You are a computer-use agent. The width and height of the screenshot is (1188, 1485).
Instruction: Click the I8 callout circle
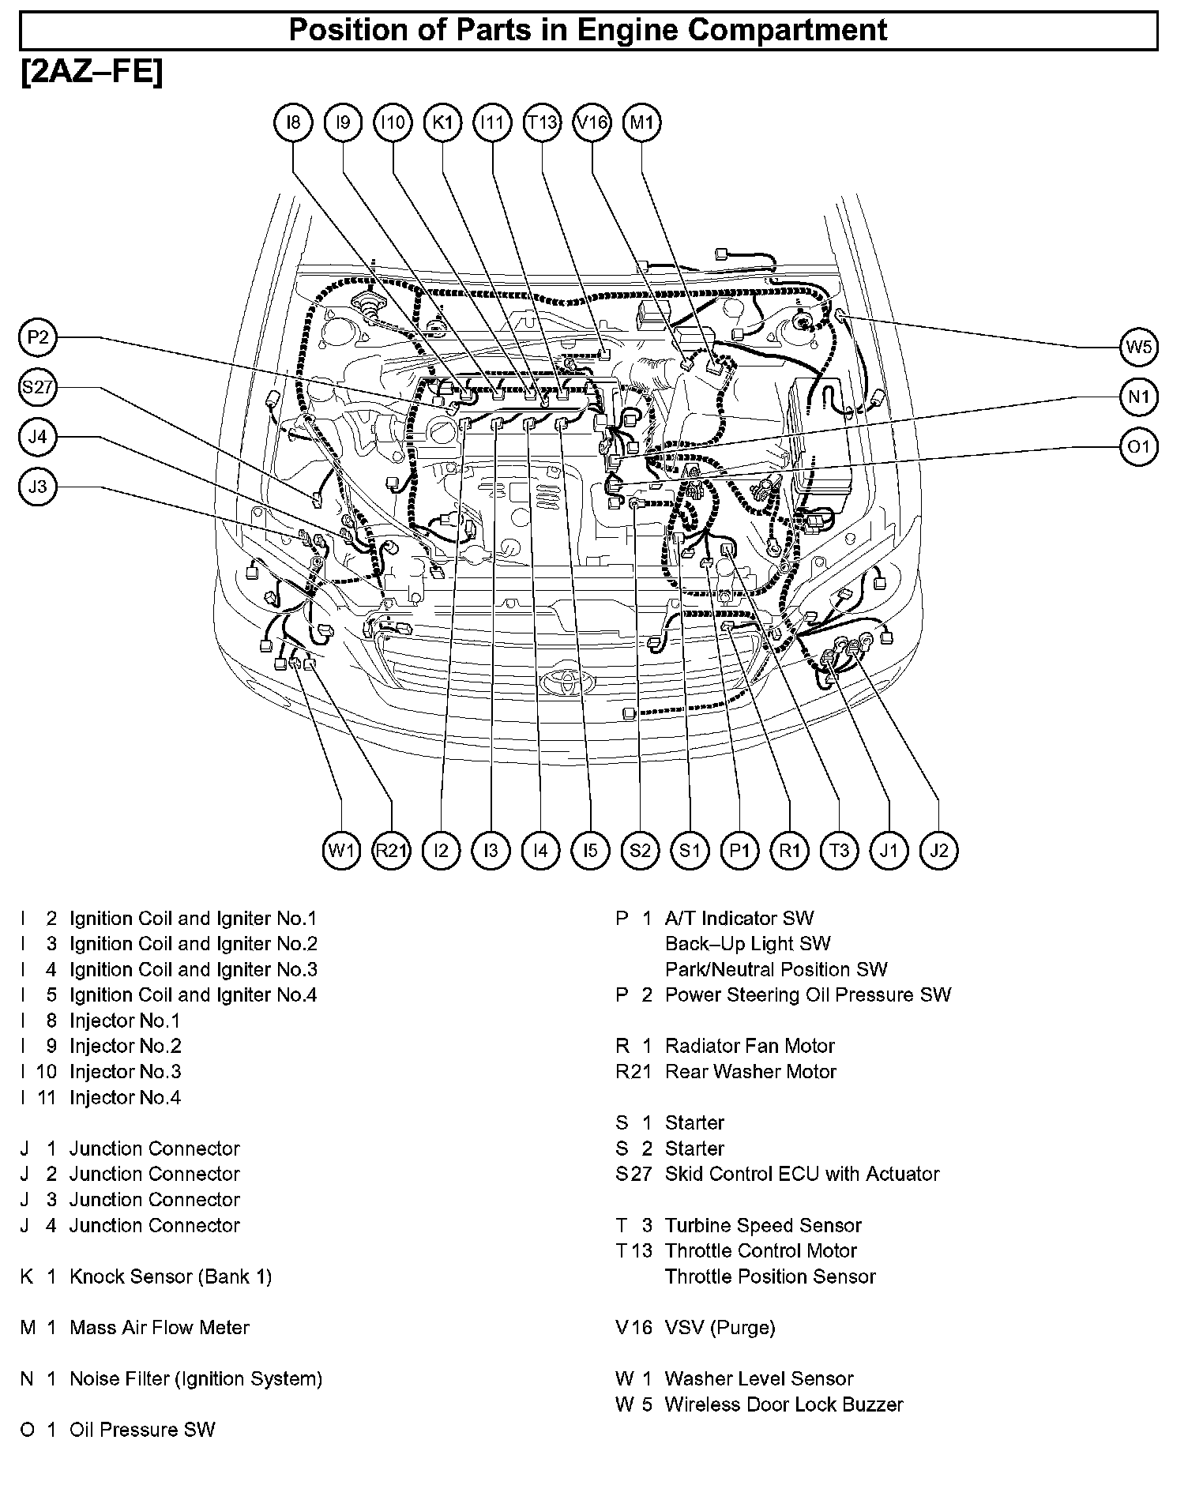coord(293,122)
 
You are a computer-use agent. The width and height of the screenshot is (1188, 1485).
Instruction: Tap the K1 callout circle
coord(442,122)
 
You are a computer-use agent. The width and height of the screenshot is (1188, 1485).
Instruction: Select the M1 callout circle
coord(641,122)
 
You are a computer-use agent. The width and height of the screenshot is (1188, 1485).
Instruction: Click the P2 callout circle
coord(38,339)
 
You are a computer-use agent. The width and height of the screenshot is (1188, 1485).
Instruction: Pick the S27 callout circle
coord(38,388)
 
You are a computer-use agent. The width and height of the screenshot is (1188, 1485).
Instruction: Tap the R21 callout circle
coord(392,851)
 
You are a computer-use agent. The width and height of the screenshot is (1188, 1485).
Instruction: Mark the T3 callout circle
coord(839,851)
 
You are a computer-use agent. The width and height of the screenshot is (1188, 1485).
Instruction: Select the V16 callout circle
coord(592,122)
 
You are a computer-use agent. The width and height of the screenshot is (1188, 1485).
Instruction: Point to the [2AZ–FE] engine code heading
coord(92,73)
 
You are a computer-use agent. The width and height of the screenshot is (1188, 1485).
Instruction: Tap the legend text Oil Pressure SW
coord(142,1430)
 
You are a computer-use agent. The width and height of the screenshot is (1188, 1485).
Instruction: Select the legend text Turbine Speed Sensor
coord(763,1225)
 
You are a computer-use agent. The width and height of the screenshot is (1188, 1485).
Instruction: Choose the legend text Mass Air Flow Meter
coord(160,1328)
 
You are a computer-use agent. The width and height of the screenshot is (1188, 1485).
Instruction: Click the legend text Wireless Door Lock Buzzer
coord(784,1404)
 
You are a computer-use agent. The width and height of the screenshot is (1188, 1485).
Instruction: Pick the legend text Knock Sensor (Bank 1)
coord(171,1276)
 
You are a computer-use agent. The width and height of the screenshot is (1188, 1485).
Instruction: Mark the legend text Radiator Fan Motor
coord(750,1046)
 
